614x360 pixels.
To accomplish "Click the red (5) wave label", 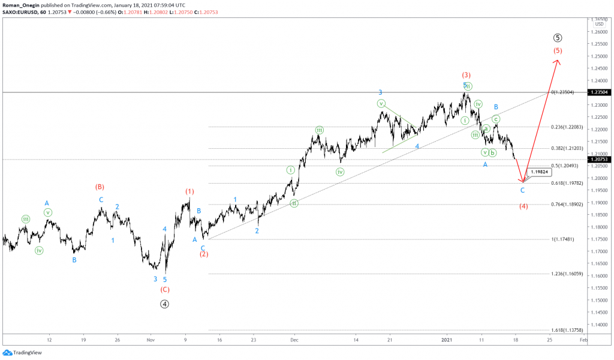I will [x=558, y=50].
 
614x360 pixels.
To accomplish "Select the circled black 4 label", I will [x=165, y=304].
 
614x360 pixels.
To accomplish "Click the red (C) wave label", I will [x=165, y=289].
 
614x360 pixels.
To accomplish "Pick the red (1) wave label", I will [x=189, y=191].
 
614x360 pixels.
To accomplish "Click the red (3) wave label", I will [x=466, y=75].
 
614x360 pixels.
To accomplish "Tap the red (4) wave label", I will [x=523, y=206].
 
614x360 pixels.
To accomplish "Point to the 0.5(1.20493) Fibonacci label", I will [x=565, y=166].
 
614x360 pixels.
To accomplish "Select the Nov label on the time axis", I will [x=151, y=339].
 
